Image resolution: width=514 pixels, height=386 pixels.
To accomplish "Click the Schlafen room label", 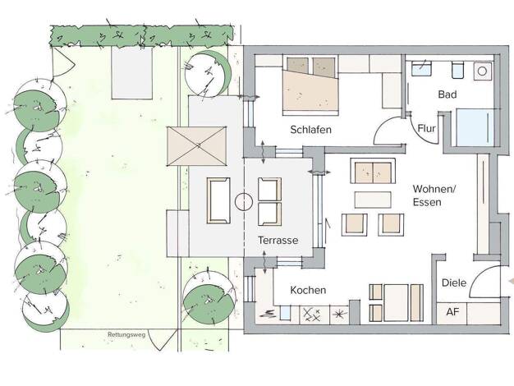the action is coord(310,130).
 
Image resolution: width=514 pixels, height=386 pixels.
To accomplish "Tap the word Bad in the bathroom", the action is coord(447,94).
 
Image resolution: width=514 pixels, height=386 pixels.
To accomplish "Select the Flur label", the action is coord(426,128).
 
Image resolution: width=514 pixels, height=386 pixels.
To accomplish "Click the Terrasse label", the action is coord(278,241).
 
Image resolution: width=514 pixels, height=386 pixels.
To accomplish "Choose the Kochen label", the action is coord(308,290).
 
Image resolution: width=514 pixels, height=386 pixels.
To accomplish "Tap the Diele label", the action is coord(454,283).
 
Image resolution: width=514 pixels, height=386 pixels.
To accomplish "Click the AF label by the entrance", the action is coord(452,311).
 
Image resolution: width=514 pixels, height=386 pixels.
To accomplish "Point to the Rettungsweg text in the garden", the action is coord(126,335).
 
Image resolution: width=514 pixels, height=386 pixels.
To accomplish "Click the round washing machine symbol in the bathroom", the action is coord(483,71).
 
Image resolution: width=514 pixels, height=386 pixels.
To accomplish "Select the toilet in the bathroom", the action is coord(457,70).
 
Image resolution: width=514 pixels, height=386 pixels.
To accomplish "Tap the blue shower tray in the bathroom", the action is coord(475,127).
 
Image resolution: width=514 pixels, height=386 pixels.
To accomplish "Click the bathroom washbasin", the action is coord(421,69).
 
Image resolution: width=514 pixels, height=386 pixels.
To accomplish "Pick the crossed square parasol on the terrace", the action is coord(197,146).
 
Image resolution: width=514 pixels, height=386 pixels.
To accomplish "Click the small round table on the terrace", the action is coord(244,202).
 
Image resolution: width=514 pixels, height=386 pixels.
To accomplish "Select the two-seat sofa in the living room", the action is coord(373,171).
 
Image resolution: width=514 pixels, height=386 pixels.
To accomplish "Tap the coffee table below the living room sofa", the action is coord(373,200).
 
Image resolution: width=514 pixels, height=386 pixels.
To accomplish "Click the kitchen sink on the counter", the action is coord(285,313).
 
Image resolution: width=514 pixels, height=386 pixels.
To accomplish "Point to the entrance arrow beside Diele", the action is coord(511,282).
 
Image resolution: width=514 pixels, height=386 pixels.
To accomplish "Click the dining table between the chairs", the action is coord(397,303).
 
